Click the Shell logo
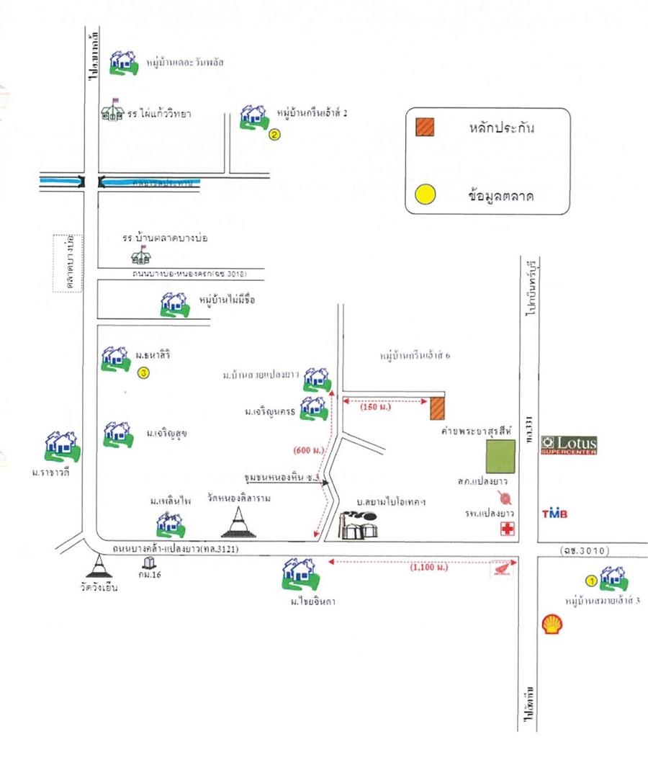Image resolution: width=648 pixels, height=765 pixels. click(553, 624)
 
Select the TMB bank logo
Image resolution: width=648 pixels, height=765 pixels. click(554, 514)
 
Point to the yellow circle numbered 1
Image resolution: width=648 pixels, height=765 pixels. click(590, 579)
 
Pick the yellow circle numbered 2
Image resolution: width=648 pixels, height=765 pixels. click(274, 134)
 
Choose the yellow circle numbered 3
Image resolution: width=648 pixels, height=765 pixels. click(143, 373)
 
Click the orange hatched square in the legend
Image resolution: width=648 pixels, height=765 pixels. click(425, 127)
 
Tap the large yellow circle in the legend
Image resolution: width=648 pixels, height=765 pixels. click(426, 194)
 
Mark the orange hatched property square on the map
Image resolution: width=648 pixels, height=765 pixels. click(438, 408)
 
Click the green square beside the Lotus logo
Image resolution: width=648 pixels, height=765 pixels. click(500, 457)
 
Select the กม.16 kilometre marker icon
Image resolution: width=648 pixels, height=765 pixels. click(149, 562)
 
